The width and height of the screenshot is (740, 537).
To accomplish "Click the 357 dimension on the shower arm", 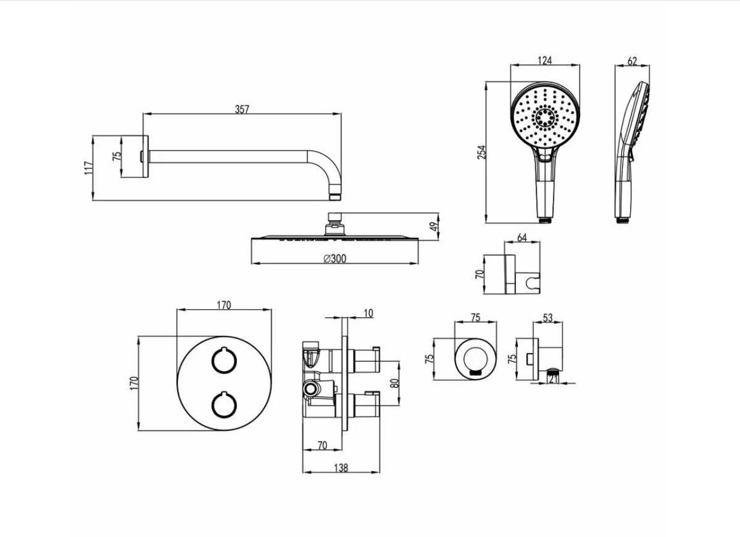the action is tap(242, 109).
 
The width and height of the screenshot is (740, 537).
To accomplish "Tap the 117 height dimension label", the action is tap(88, 169).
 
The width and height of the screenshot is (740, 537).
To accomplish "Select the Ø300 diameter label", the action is tap(335, 259).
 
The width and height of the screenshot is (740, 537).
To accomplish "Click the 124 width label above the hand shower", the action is tap(544, 60).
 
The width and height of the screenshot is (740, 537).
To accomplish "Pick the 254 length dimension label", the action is tap(481, 152).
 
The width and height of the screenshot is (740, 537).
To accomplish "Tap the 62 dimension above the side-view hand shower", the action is tap(633, 61).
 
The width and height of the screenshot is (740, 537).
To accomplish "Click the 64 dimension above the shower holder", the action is tap(522, 238).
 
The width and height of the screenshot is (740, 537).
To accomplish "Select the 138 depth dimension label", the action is tap(341, 468).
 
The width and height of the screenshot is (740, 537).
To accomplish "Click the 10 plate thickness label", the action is tap(368, 313).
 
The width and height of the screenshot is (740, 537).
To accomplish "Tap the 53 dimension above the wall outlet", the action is tap(547, 318).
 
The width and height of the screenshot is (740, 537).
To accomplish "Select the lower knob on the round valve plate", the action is tap(223, 405).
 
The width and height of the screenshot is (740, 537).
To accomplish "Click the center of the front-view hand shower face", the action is tap(545, 116).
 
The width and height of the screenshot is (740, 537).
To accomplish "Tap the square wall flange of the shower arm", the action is tap(146, 157).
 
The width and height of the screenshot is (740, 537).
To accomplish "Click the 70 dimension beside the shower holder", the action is tap(479, 273).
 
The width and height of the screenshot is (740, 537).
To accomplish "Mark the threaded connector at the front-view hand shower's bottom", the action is tap(545, 220).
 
